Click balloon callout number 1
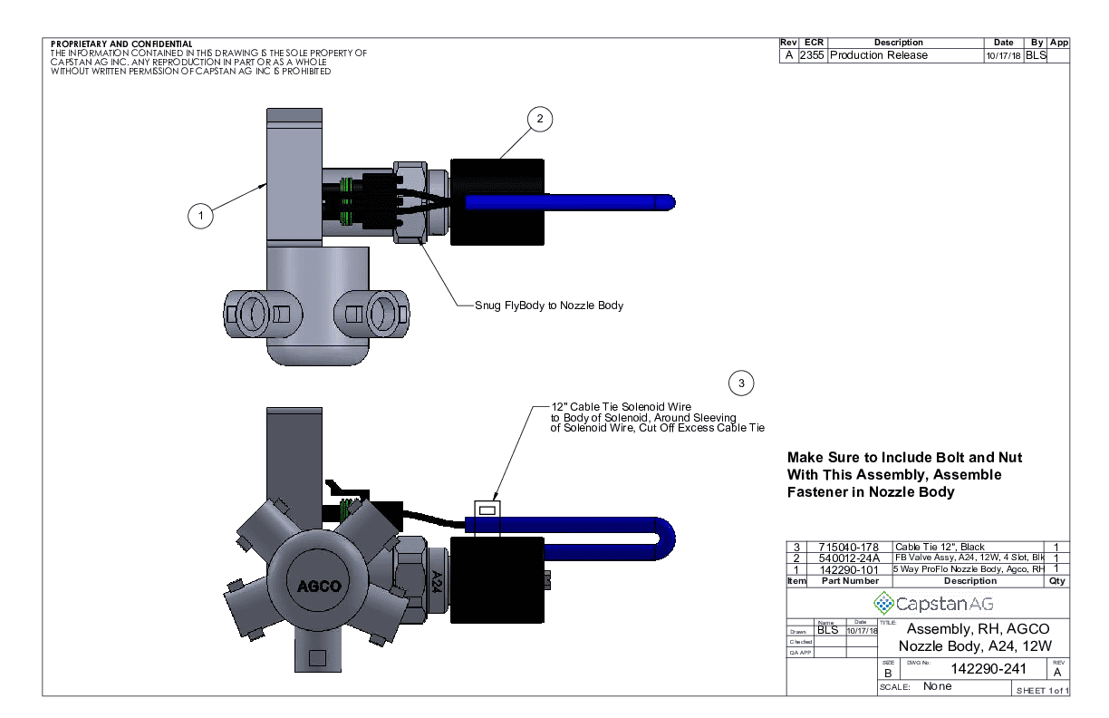[x=200, y=216]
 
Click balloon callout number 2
[x=539, y=119]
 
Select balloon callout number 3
[x=742, y=383]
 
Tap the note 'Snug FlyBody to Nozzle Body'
[x=549, y=306]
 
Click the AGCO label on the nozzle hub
[x=320, y=585]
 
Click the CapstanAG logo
[x=928, y=603]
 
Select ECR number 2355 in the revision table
[x=812, y=55]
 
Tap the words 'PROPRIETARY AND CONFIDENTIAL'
[x=121, y=44]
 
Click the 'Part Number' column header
[x=840, y=580]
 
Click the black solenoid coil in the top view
[x=497, y=201]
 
